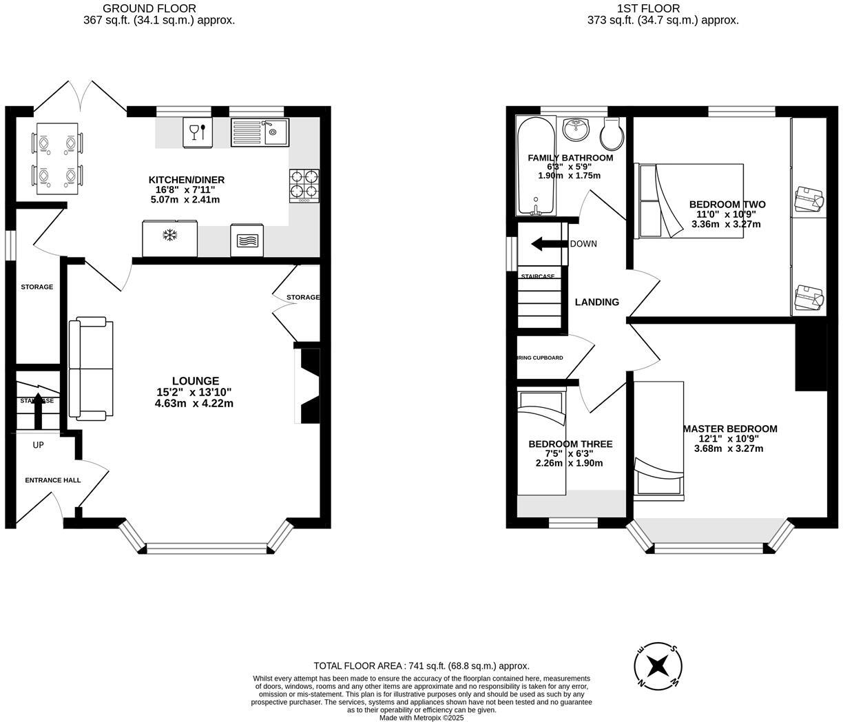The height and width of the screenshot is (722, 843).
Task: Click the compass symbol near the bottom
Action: [658, 666]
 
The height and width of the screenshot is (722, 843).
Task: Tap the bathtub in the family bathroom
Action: [535, 165]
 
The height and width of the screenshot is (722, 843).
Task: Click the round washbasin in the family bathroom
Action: [575, 129]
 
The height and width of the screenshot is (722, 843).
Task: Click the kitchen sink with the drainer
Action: [260, 132]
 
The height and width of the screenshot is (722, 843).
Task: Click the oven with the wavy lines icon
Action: [247, 240]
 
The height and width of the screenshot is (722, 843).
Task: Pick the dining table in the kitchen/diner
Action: [56, 159]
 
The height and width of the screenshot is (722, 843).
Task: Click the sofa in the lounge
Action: [91, 369]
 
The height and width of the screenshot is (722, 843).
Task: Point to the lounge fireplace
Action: [309, 386]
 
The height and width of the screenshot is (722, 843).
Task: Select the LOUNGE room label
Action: [196, 381]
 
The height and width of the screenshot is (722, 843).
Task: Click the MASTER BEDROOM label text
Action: [730, 429]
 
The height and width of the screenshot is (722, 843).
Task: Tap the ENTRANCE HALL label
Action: [53, 480]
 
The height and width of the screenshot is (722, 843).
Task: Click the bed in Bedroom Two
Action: [689, 200]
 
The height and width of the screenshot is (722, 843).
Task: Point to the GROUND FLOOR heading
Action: [149, 8]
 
